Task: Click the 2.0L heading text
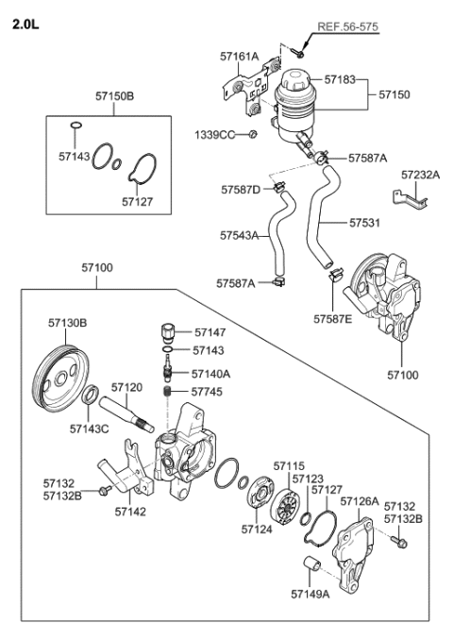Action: click(26, 23)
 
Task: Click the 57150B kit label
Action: click(114, 95)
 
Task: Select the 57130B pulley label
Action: click(68, 323)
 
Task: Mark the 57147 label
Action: click(210, 333)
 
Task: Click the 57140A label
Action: click(212, 374)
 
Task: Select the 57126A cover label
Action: click(360, 501)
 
